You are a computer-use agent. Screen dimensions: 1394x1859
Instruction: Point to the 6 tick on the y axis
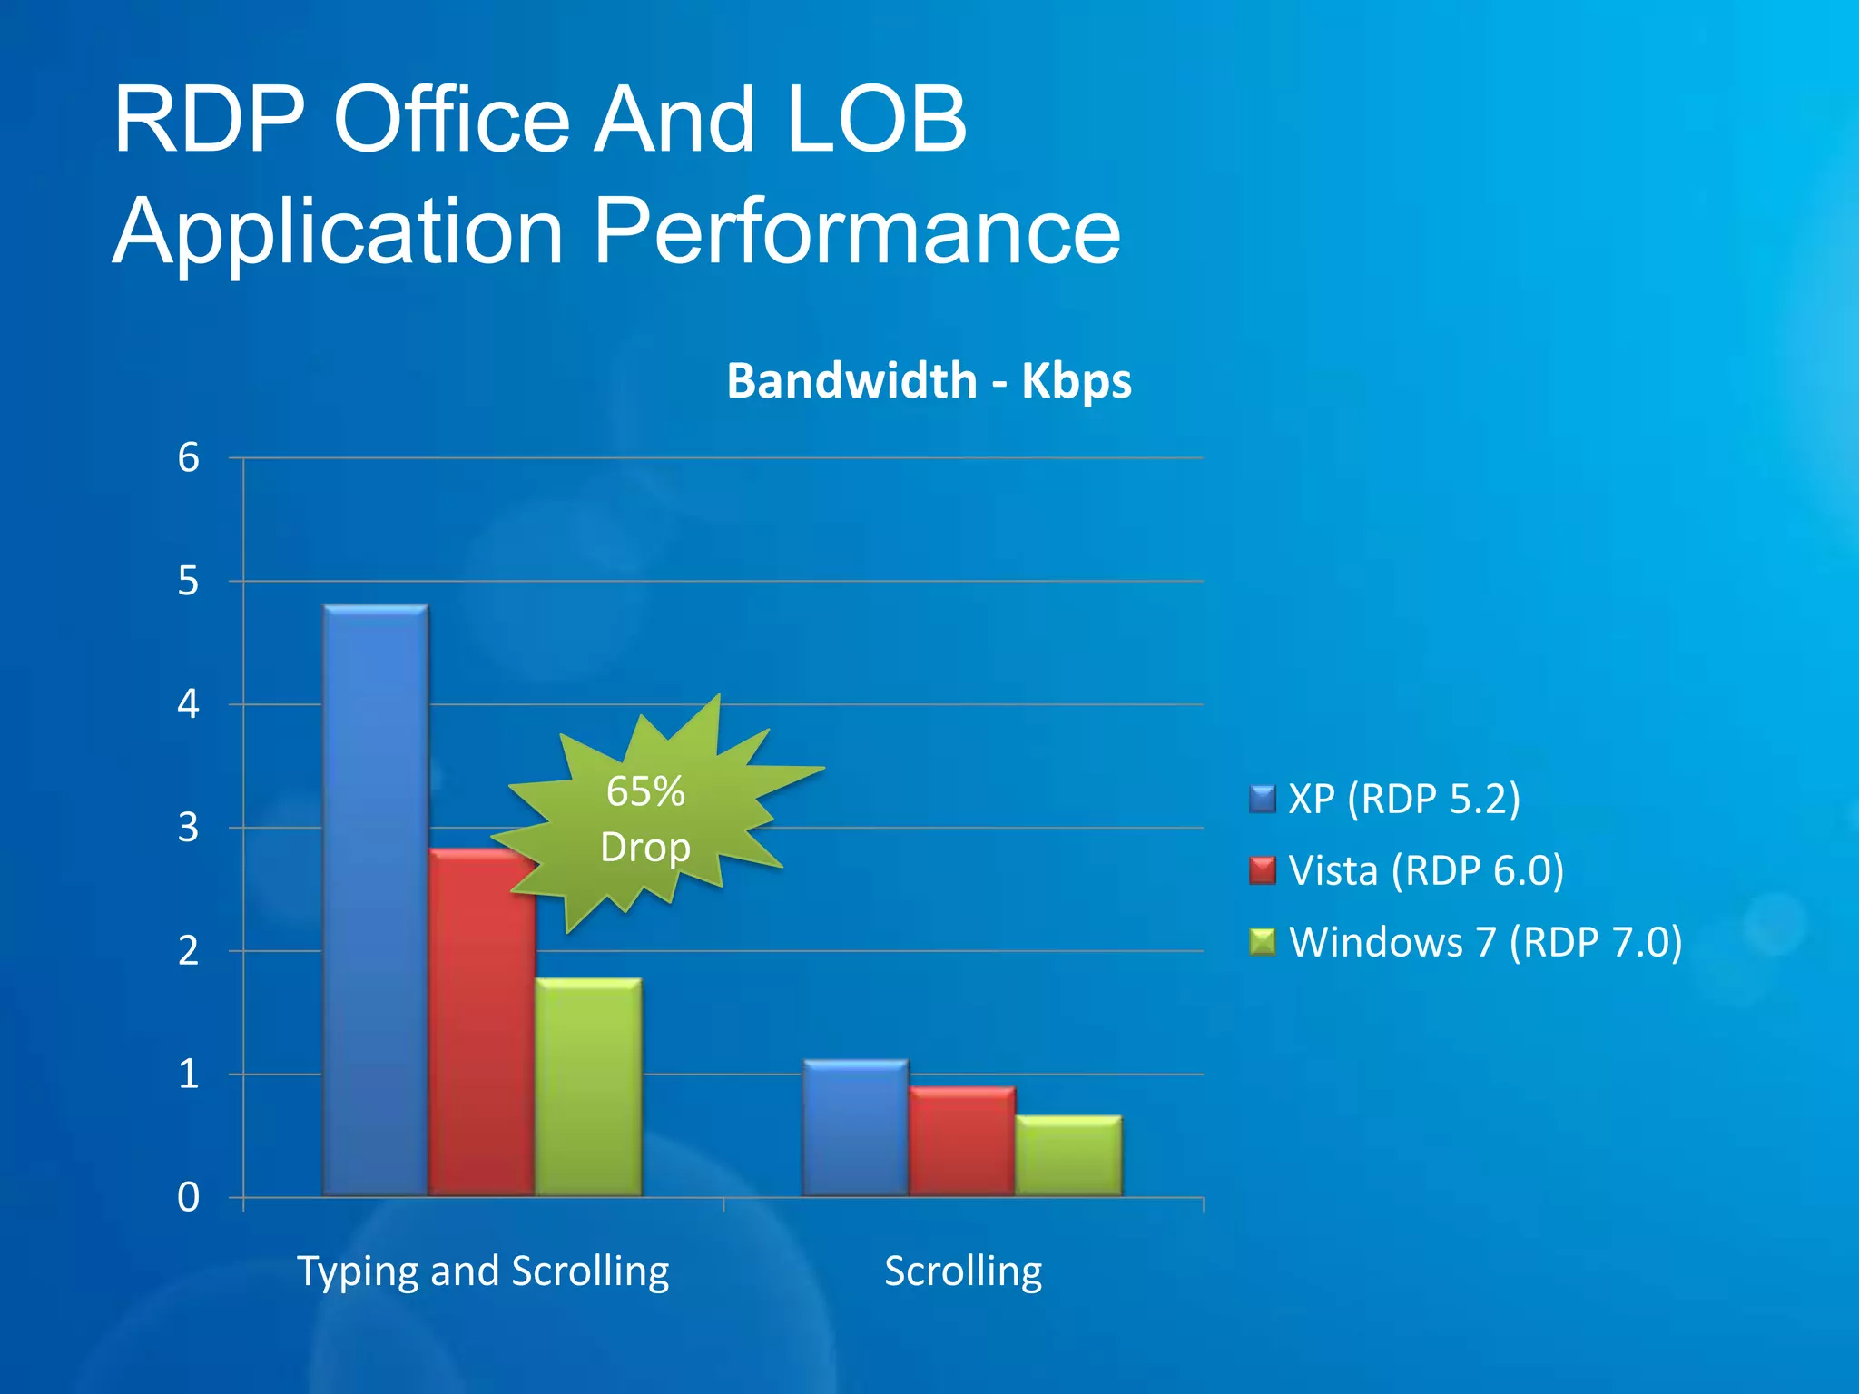pos(188,457)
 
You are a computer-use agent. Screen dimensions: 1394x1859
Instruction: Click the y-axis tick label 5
pos(188,581)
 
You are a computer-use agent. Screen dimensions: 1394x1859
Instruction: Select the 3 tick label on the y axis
pos(188,828)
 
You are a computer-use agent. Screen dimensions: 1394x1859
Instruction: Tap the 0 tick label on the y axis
pos(188,1198)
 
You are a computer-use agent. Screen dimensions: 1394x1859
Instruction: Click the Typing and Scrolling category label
pos(483,1271)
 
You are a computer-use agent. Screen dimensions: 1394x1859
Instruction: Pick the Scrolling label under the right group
pos(963,1271)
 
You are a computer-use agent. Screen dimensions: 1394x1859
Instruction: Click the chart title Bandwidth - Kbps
pos(929,380)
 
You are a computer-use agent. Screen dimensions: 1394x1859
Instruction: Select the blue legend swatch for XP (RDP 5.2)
pos(1263,799)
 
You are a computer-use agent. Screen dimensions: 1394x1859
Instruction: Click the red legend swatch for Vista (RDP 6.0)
pos(1263,870)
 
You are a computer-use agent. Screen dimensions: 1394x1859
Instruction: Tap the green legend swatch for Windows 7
pos(1263,942)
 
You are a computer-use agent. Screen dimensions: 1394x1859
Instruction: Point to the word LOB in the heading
pos(877,119)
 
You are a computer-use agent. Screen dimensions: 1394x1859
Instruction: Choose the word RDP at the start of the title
pos(209,119)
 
